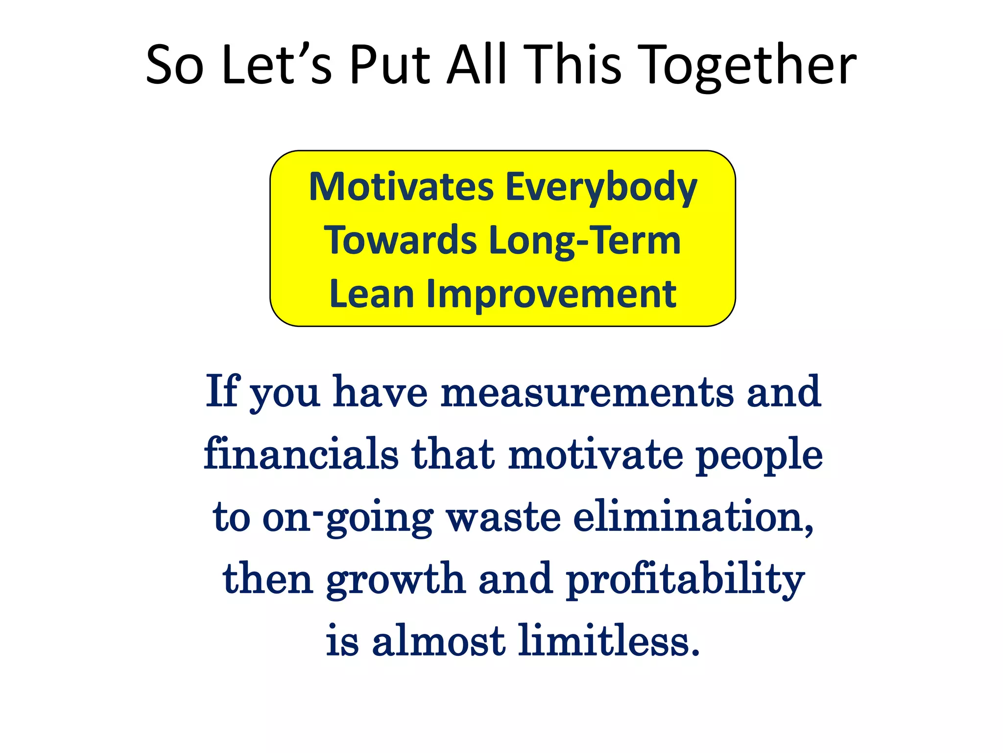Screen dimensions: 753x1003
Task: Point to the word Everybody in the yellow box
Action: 601,188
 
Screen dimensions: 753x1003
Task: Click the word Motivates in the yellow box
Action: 401,187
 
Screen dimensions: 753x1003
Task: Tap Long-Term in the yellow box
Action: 585,241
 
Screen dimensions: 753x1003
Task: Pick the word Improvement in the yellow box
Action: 551,295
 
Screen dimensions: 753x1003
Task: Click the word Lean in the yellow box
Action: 372,294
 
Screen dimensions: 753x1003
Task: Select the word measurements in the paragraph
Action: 587,393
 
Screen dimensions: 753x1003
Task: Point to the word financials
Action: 301,454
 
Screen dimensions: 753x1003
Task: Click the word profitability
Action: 685,580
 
